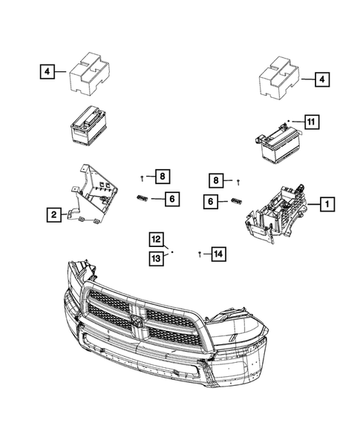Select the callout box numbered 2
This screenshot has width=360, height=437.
click(x=54, y=216)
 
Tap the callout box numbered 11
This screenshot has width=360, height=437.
click(x=311, y=120)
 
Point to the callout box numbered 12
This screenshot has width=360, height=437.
click(x=156, y=240)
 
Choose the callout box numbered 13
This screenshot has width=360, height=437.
click(x=156, y=257)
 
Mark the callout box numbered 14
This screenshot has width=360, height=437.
click(x=217, y=254)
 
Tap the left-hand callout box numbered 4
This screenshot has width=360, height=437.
click(x=48, y=73)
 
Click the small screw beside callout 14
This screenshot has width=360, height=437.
click(x=200, y=254)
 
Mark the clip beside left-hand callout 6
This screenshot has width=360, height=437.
click(x=142, y=197)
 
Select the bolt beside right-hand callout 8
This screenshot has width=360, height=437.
click(x=238, y=182)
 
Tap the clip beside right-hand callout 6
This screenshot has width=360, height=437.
click(x=237, y=200)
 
